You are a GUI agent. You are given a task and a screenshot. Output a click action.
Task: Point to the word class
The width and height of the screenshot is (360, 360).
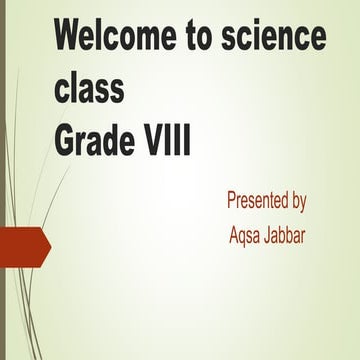pyautogui.click(x=90, y=89)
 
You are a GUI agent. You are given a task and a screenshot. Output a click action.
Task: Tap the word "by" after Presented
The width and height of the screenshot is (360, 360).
pyautogui.click(x=297, y=201)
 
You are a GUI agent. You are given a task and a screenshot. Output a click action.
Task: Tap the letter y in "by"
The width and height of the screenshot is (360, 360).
pyautogui.click(x=301, y=203)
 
